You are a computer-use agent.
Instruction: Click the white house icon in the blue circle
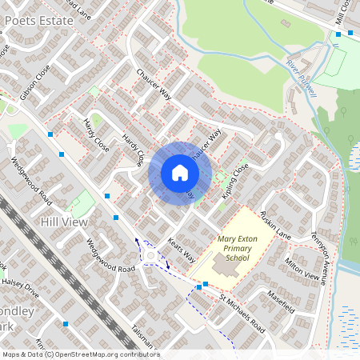pyautogui.click(x=179, y=173)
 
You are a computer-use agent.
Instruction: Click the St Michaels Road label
pyautogui.click(x=242, y=314)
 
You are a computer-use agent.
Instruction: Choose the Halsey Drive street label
pyautogui.click(x=19, y=275)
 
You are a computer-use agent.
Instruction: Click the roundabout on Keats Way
pyautogui.click(x=152, y=256)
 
